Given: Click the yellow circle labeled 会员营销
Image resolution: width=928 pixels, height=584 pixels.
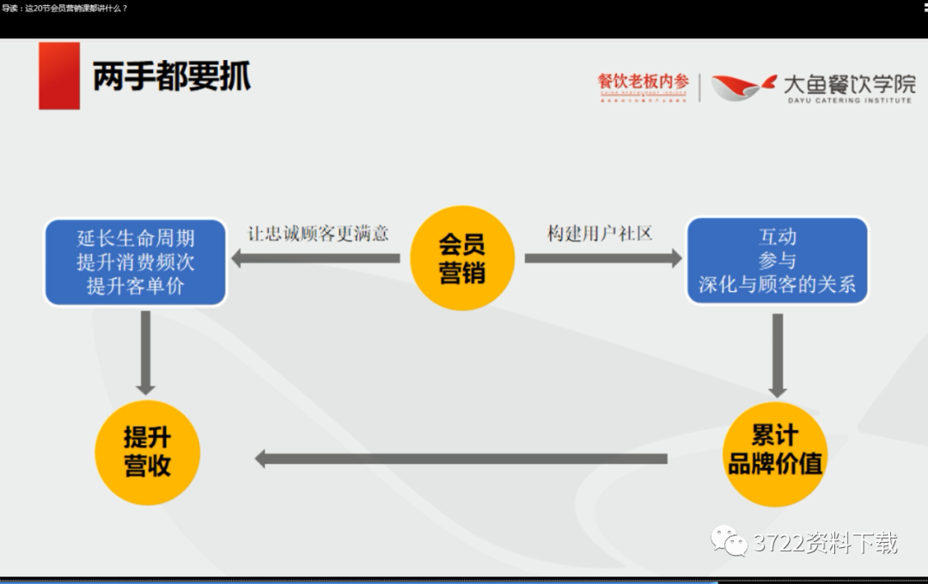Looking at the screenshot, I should point(461,259).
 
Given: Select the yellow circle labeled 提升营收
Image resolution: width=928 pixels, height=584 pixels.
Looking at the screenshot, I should point(147,452).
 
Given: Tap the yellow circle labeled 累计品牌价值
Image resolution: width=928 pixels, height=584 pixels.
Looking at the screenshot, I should point(775,452).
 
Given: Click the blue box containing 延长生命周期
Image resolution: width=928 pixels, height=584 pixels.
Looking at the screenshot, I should point(136,262).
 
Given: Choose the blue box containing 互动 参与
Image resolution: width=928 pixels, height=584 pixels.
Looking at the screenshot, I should point(777,260).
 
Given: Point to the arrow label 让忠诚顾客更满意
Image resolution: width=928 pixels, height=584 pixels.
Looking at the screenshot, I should point(318,234).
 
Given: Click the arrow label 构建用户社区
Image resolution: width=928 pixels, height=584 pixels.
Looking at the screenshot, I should point(600,234).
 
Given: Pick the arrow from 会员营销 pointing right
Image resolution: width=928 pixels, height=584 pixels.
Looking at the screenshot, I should point(602,258).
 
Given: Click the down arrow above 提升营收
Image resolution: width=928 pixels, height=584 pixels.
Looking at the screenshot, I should point(146,352).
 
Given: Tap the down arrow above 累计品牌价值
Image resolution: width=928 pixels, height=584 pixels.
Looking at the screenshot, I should point(777,355).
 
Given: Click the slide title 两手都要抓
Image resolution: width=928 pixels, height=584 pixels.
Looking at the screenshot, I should point(172,76).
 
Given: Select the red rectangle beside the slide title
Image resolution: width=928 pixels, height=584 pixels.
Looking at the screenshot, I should point(59,76).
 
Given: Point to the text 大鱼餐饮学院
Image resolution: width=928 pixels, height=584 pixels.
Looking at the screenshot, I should point(849,83).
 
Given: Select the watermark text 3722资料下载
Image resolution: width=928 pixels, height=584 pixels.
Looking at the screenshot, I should point(826,543).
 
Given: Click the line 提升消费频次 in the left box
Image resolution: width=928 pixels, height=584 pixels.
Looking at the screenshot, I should point(136,262).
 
